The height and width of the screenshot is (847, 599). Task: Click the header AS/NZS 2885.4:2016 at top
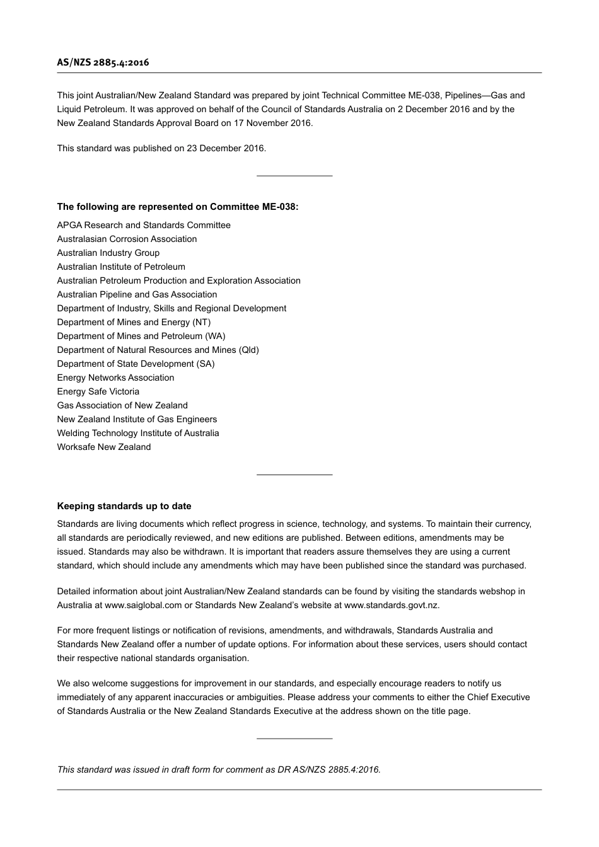click(103, 62)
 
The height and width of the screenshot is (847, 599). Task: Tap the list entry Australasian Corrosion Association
click(127, 239)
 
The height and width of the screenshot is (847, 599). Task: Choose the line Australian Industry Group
click(108, 253)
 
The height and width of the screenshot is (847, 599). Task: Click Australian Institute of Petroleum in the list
click(121, 267)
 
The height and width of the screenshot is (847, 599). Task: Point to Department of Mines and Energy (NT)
click(134, 323)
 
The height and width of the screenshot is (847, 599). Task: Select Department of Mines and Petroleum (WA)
click(141, 337)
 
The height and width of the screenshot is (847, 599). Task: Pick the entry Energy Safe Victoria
click(98, 392)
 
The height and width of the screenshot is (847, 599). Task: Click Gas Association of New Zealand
click(122, 406)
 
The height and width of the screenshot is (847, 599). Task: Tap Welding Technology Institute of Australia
click(138, 434)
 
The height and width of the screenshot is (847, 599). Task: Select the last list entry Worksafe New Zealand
click(104, 447)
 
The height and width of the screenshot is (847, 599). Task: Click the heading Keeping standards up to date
click(124, 506)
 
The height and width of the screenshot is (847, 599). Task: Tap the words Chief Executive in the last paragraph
click(498, 698)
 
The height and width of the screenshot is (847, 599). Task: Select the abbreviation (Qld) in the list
click(249, 350)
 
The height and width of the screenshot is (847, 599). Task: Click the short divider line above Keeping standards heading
click(294, 475)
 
